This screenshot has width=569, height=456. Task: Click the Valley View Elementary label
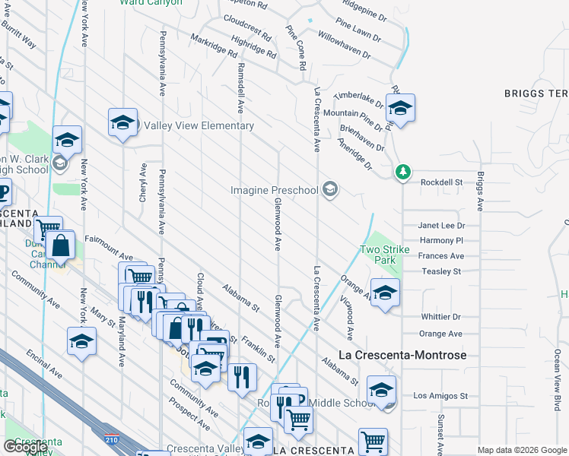click(199, 125)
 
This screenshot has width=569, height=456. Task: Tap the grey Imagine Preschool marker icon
click(330, 189)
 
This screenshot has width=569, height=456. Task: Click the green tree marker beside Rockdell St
click(402, 173)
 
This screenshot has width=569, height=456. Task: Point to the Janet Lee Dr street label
click(441, 226)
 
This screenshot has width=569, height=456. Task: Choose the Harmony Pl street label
click(441, 240)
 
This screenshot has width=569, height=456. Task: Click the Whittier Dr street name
click(440, 317)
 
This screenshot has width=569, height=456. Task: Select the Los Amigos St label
click(440, 396)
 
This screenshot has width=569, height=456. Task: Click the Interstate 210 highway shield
click(110, 439)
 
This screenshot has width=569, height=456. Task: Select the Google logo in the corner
click(25, 447)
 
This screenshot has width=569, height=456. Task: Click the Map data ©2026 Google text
click(522, 450)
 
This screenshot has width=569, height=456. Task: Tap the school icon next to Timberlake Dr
click(400, 109)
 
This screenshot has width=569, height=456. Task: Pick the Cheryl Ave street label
click(142, 182)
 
